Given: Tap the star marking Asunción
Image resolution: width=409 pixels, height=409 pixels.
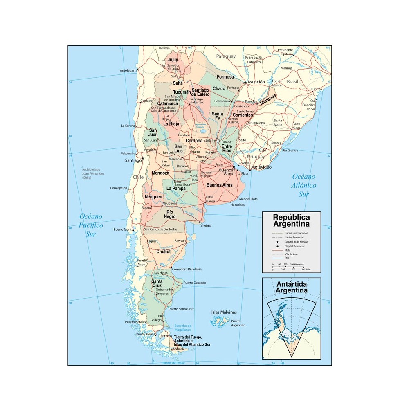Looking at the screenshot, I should pyautogui.click(x=245, y=83).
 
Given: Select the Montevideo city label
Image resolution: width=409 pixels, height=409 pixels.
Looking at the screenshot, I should pyautogui.click(x=262, y=168).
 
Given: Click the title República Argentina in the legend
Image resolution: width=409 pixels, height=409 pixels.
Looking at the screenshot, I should pyautogui.click(x=291, y=220).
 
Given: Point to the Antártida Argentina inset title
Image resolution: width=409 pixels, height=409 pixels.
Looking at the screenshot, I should pyautogui.click(x=291, y=287).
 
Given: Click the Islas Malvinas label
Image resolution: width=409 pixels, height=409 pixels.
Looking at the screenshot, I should pyautogui.click(x=224, y=312).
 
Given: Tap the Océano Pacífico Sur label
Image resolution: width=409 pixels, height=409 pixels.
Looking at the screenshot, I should pyautogui.click(x=91, y=225).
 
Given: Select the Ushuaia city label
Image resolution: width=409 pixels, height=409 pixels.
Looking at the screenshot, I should pyautogui.click(x=179, y=349).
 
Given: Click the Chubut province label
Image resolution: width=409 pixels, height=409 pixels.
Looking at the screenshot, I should pyautogui.click(x=163, y=252).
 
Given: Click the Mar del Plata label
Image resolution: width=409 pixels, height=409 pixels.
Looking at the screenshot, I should pyautogui.click(x=248, y=199).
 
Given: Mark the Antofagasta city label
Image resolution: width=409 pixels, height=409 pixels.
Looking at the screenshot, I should pyautogui.click(x=128, y=70).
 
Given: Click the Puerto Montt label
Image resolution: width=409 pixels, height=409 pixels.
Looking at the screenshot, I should pyautogui.click(x=123, y=229).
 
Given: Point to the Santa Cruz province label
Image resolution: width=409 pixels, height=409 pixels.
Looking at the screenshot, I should pyautogui.click(x=157, y=283).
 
